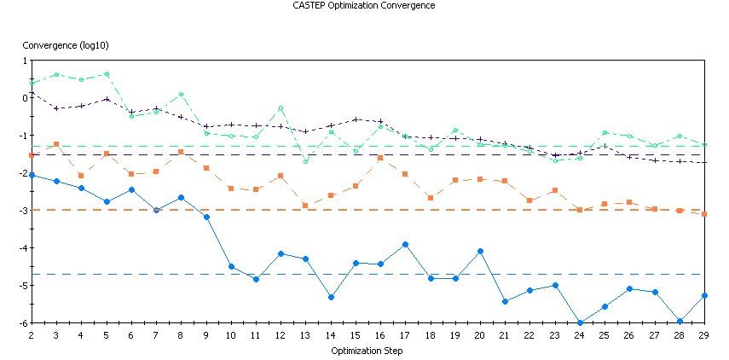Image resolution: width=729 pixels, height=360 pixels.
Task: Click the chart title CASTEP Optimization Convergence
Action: [x=364, y=5]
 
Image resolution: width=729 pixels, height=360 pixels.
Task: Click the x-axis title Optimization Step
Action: [x=367, y=351]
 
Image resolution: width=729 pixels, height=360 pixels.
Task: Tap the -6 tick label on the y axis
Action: [x=23, y=323]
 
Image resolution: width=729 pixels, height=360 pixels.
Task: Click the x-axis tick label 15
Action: [x=355, y=336]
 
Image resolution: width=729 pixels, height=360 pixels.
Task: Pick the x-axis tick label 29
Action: [x=703, y=336]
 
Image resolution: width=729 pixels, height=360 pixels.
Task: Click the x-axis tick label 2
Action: [x=32, y=336]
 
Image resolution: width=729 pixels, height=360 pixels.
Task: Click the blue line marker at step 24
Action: [x=580, y=322]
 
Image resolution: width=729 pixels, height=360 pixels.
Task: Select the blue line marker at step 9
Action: [x=206, y=217]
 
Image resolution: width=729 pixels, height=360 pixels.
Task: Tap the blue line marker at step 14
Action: [x=331, y=297]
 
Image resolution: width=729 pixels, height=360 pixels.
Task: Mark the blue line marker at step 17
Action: [x=405, y=244]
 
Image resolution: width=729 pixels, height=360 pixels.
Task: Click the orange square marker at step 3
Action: [x=56, y=144]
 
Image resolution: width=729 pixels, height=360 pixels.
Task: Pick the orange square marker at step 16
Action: [x=380, y=158]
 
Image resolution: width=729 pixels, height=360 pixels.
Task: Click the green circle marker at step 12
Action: [x=281, y=108]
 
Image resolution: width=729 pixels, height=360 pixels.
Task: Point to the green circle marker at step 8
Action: [x=181, y=94]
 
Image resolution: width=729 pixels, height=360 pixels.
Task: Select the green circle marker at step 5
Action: [x=107, y=74]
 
